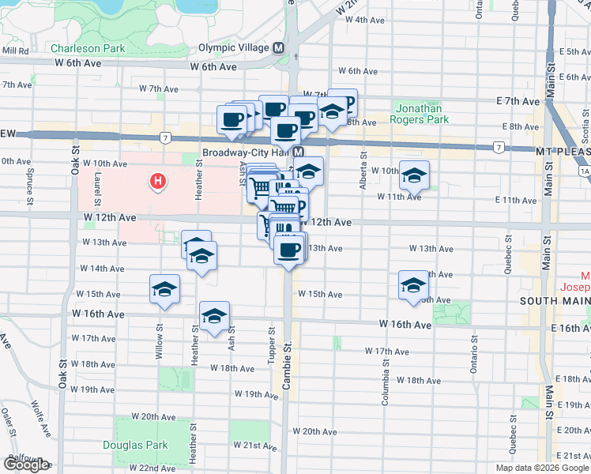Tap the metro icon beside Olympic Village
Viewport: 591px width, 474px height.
[x=279, y=48]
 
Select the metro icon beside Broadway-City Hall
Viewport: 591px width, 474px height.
[x=299, y=152]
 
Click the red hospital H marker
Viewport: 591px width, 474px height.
[x=158, y=182]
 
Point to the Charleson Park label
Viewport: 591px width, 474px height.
[x=88, y=48]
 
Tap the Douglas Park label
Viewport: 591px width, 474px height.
[x=135, y=445]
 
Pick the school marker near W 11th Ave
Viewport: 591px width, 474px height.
[x=413, y=176]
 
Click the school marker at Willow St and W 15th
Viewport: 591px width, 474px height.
[x=164, y=289]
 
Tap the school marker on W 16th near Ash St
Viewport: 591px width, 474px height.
[x=214, y=317]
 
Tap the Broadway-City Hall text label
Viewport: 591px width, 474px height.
[x=247, y=152]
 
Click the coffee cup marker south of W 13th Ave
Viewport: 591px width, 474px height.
[x=289, y=250]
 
